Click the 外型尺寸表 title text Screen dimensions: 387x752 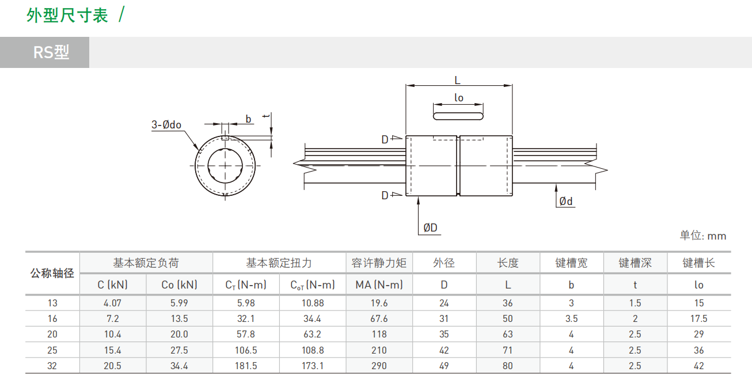67,16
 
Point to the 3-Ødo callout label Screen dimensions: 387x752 166,124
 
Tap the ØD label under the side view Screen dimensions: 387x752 430,228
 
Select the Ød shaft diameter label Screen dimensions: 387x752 566,201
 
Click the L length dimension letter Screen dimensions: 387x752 458,81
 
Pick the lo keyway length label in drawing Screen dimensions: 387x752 458,98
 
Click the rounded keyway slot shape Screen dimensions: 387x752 458,116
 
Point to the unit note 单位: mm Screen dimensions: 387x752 702,236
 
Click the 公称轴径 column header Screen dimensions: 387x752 52,274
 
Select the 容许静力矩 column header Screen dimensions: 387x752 379,263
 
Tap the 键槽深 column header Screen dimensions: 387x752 635,263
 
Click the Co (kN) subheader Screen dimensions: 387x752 179,284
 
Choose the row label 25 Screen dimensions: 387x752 52,350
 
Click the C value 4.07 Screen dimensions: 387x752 112,303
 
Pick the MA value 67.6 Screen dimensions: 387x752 379,318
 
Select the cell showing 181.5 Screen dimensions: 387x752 246,366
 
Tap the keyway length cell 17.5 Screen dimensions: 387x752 699,318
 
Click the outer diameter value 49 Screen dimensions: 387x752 444,366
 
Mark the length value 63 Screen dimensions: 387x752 508,334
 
